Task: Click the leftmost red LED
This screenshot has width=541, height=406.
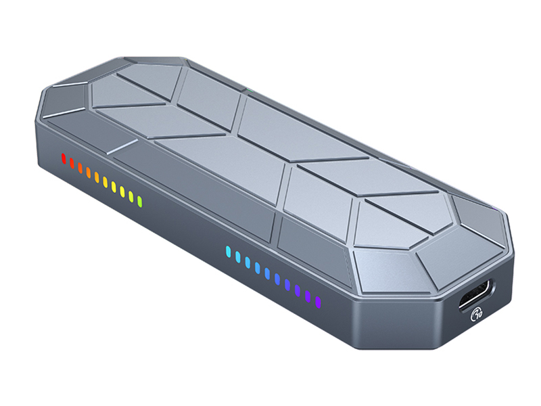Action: pyautogui.click(x=64, y=160)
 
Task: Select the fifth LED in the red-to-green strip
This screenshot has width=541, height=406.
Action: pyautogui.click(x=97, y=177)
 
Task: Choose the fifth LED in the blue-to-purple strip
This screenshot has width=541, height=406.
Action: pyautogui.click(x=268, y=274)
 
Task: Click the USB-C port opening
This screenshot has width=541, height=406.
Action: pyautogui.click(x=477, y=296)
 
